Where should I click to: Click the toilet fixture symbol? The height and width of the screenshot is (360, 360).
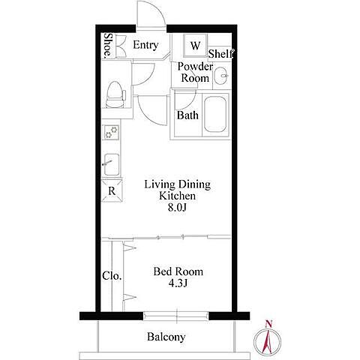coord(115,95)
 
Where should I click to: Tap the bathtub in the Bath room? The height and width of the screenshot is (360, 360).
coord(215,115)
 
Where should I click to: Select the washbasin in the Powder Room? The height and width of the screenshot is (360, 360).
coord(221,75)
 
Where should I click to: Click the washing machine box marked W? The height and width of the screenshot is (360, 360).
coord(195,45)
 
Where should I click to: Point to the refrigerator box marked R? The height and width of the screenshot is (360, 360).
coord(112,190)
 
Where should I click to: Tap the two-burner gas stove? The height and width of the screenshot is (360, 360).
coord(111,132)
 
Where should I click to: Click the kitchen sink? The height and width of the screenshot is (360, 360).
coord(112,164)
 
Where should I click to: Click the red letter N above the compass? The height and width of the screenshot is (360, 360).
coord(268,324)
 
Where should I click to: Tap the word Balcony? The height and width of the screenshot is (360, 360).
coord(166,337)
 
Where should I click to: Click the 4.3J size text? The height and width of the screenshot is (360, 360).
coord(178,283)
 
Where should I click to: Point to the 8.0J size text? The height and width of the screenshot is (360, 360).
coord(177,208)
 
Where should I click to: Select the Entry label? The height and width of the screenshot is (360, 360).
coord(145,45)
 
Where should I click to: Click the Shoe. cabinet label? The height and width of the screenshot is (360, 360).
coord(108,45)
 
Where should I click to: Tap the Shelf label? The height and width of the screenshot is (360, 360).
coord(221,54)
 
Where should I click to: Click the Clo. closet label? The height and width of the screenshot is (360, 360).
coord(112,276)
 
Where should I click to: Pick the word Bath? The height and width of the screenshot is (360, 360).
coord(187,115)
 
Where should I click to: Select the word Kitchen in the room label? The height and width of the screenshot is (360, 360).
coord(177,196)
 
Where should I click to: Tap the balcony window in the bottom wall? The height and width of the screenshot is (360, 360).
coord(176,316)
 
